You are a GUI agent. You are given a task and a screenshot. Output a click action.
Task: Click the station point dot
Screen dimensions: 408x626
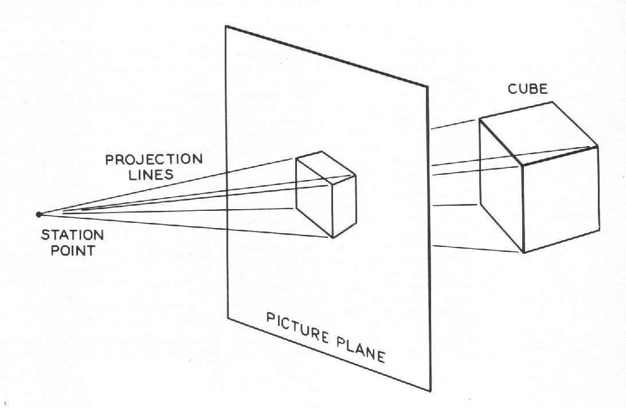tap(38, 214)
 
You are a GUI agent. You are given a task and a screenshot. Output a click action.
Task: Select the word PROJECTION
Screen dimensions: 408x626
tap(154, 159)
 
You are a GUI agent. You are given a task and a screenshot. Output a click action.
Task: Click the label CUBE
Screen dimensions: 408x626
tap(527, 89)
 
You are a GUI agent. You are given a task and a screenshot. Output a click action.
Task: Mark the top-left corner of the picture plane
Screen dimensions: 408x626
tap(226, 26)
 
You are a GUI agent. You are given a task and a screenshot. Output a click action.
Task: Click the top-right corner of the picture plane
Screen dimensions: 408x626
tap(428, 87)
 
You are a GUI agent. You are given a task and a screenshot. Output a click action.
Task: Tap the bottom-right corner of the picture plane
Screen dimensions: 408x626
tap(431, 391)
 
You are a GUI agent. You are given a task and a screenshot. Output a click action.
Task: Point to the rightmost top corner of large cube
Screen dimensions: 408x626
tap(597, 146)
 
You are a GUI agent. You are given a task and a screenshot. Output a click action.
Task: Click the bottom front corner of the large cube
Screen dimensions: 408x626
tap(524, 253)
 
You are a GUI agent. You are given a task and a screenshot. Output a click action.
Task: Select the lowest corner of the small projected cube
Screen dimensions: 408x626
tap(333, 238)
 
